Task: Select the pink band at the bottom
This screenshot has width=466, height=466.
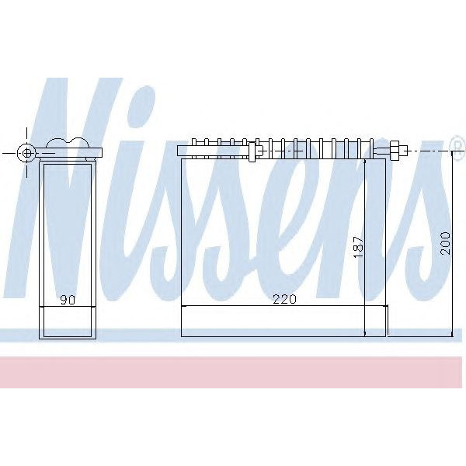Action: [x=233, y=371]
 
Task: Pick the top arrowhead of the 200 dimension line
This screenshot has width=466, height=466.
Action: [x=453, y=155]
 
